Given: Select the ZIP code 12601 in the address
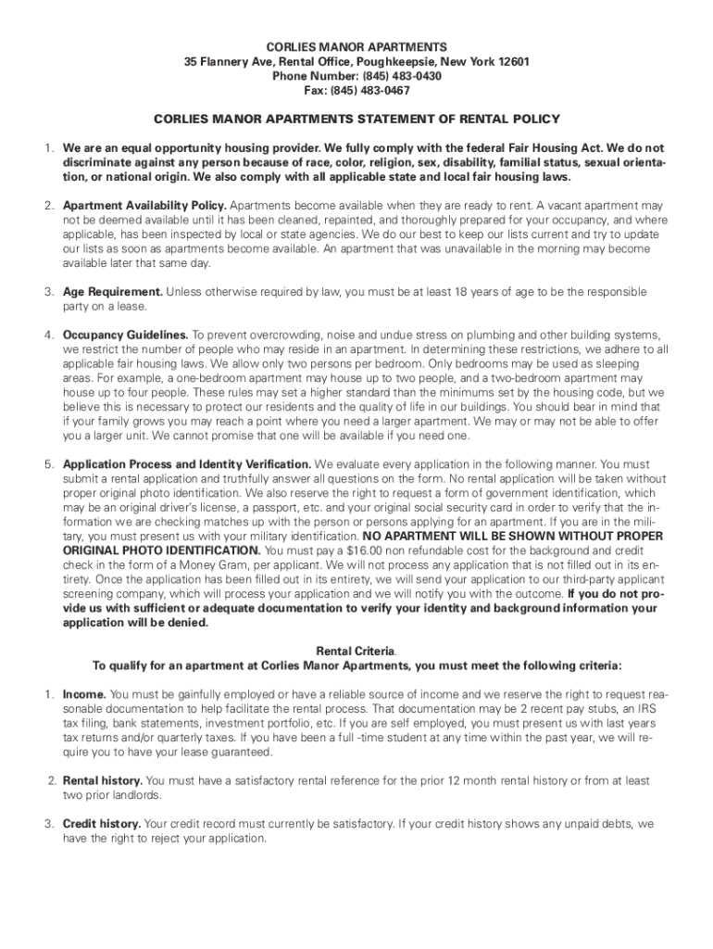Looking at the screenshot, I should [512, 61].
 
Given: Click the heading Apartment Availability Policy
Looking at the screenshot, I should [144, 205].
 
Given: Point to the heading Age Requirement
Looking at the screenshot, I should [113, 292].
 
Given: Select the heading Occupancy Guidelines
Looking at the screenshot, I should [126, 335].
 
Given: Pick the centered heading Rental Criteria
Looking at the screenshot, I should [356, 651].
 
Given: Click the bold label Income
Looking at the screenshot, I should [84, 694].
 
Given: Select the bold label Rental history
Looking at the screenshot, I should [103, 781].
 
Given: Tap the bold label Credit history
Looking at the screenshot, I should [102, 824].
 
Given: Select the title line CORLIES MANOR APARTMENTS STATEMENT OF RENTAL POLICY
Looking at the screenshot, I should [356, 120].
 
